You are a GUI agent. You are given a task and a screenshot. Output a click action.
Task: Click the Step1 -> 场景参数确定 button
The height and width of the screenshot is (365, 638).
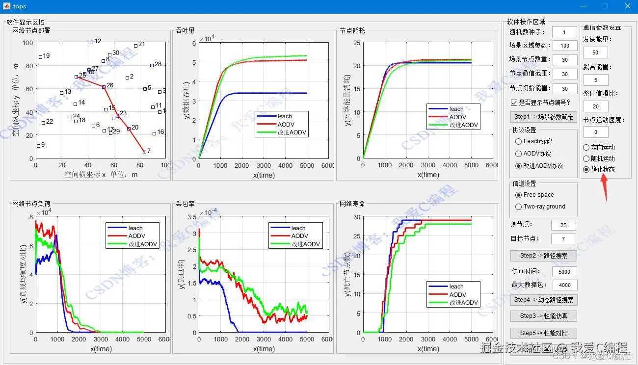tap(543, 117)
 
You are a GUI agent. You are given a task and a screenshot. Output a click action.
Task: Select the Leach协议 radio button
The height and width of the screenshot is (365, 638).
tap(518, 141)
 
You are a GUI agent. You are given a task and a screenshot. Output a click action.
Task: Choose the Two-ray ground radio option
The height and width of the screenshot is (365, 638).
tap(518, 207)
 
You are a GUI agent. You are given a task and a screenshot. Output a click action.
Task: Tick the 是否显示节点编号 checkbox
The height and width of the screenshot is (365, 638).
tap(514, 103)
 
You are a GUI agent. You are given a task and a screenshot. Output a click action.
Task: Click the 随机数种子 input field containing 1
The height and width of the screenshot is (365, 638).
tap(564, 32)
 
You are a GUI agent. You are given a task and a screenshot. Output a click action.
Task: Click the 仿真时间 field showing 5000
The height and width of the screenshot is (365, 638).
tap(564, 271)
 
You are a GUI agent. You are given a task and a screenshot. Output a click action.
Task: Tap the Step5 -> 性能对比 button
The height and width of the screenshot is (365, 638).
tap(543, 333)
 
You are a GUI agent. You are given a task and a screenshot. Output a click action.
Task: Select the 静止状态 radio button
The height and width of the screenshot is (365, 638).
tap(586, 169)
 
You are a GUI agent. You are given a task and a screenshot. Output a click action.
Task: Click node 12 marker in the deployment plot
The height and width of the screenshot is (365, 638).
tap(91, 42)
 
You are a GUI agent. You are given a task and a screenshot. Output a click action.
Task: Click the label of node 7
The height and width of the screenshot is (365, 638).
tap(148, 151)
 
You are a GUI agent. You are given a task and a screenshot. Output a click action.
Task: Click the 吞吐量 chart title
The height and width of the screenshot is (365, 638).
tap(185, 30)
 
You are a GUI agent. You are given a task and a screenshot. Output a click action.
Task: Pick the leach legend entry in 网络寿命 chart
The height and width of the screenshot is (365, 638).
tap(456, 287)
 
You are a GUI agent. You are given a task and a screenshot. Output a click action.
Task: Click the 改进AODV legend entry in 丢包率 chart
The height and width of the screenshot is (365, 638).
tap(298, 244)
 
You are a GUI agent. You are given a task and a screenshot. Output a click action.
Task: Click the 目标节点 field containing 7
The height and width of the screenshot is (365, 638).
tap(563, 239)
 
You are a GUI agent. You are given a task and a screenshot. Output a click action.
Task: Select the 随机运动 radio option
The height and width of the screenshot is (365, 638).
tap(586, 158)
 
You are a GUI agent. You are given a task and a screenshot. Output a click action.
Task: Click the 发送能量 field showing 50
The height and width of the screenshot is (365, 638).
tap(595, 52)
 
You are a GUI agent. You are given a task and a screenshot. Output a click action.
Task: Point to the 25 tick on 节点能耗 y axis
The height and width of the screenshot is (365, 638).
tap(357, 43)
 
